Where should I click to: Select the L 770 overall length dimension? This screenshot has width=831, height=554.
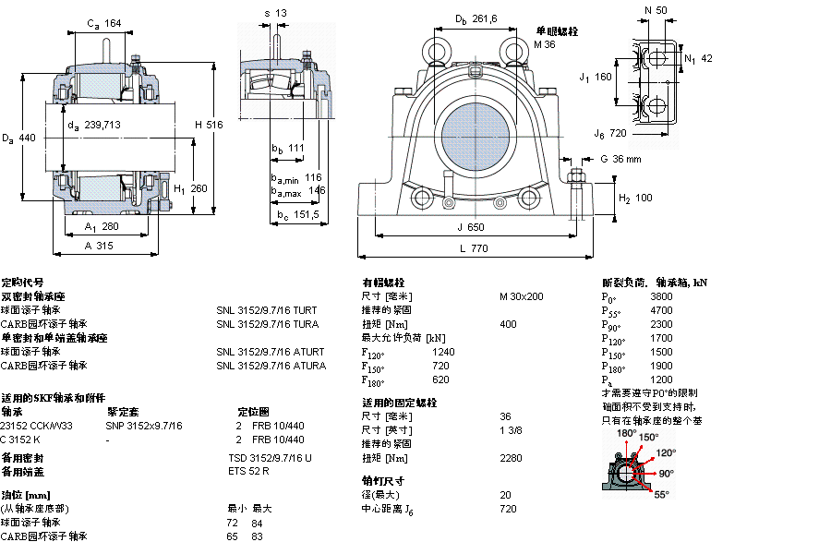coord(474,249)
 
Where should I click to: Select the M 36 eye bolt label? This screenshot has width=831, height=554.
coord(545,44)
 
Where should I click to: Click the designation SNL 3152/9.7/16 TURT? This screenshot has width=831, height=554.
coord(266,310)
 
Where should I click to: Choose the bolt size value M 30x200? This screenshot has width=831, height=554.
coord(521,296)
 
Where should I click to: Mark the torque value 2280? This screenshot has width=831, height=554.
coord(511,458)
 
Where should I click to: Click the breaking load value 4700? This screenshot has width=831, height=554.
coord(661,311)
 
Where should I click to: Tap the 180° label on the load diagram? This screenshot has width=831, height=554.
coord(625,433)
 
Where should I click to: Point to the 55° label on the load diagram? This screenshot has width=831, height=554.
coord(661,495)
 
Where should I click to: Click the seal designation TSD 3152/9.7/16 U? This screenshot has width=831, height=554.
coord(270,458)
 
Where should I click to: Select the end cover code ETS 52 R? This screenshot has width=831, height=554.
coord(248,472)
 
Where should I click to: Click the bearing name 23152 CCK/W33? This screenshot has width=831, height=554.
coord(37,426)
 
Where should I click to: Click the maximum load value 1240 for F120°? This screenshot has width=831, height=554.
coord(443,352)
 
